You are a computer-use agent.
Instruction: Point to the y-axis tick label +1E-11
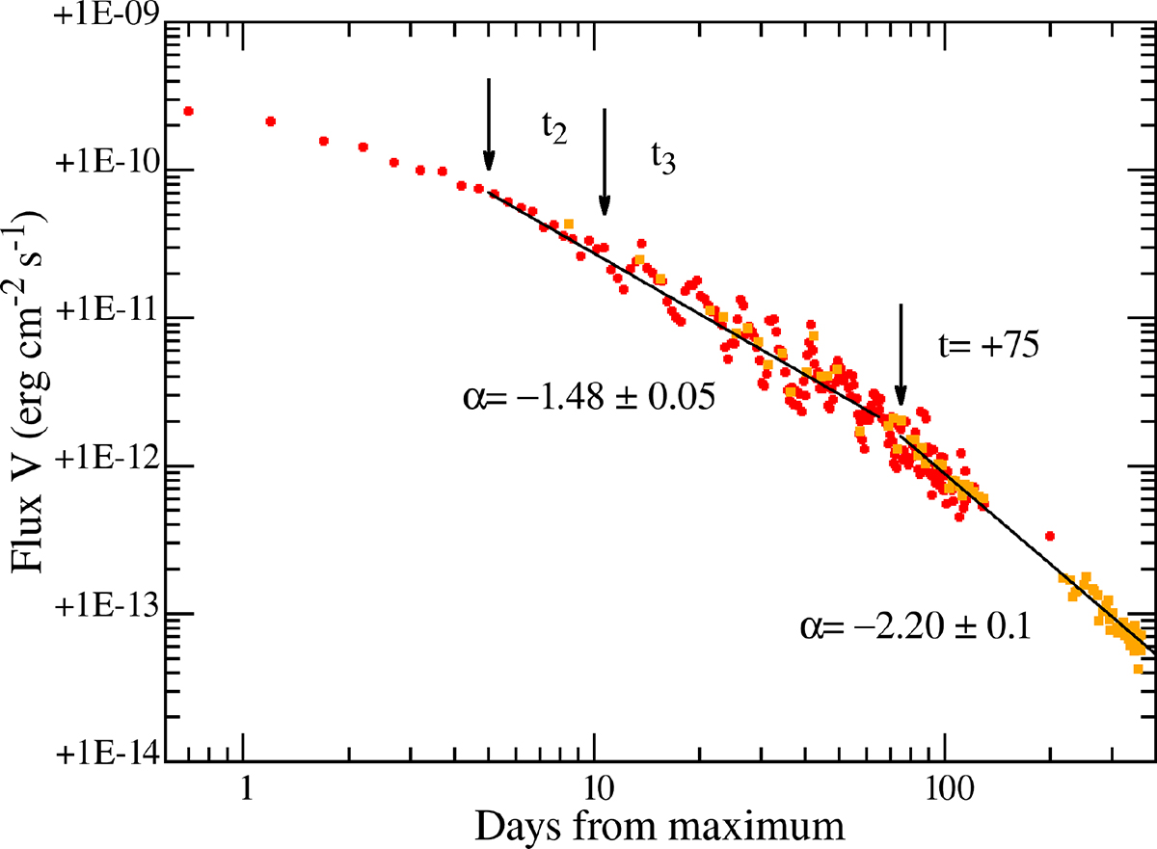click(x=107, y=318)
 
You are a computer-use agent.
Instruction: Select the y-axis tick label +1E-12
click(x=107, y=465)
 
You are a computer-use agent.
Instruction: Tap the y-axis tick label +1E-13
click(x=107, y=613)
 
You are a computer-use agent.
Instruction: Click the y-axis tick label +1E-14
click(x=107, y=760)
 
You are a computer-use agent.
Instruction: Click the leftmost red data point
click(x=189, y=111)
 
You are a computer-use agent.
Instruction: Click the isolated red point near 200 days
click(x=1050, y=536)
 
